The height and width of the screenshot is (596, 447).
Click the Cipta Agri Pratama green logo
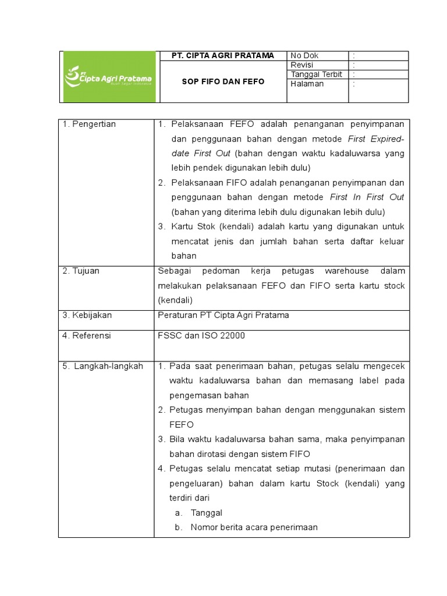coord(109,77)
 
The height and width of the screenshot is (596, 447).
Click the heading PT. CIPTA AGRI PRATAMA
coord(223,55)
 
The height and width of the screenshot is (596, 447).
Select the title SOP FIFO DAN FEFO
coord(223,81)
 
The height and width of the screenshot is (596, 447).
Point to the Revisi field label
coord(302,65)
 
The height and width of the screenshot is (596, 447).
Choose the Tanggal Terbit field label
coord(316,74)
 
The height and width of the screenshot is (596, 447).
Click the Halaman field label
coord(307,84)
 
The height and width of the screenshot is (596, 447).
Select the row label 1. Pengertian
coord(89,124)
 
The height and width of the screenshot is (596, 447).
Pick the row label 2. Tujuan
coord(81,271)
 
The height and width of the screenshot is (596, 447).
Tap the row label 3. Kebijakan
coord(87,315)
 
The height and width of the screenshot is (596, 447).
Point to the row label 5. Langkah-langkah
coord(102,366)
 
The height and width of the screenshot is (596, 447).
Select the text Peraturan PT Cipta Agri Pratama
coord(223,315)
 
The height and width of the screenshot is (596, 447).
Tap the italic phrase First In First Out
coord(367,197)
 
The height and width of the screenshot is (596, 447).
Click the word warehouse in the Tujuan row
coord(347,271)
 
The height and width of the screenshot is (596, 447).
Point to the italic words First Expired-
coord(376,139)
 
